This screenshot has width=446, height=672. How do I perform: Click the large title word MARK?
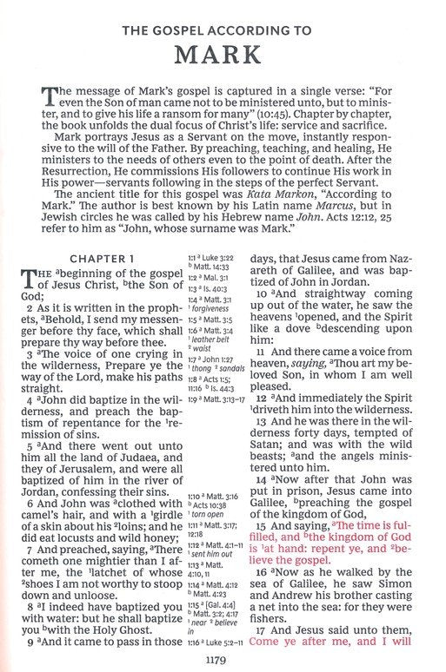(223, 54)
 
